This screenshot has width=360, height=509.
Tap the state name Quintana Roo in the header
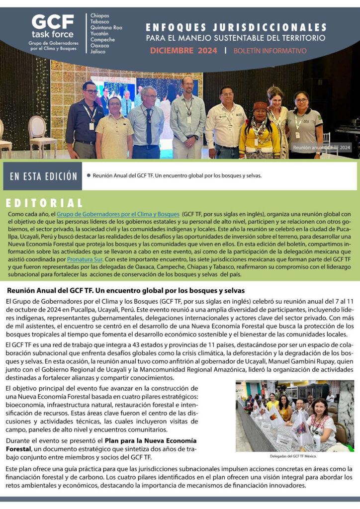coord(106,28)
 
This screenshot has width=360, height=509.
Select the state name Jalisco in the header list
coord(98,52)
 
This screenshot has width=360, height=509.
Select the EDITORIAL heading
coord(45,203)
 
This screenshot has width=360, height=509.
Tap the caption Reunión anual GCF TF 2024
coord(322,147)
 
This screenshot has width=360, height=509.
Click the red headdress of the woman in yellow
coord(260,106)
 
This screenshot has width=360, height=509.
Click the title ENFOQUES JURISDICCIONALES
coord(236,27)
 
